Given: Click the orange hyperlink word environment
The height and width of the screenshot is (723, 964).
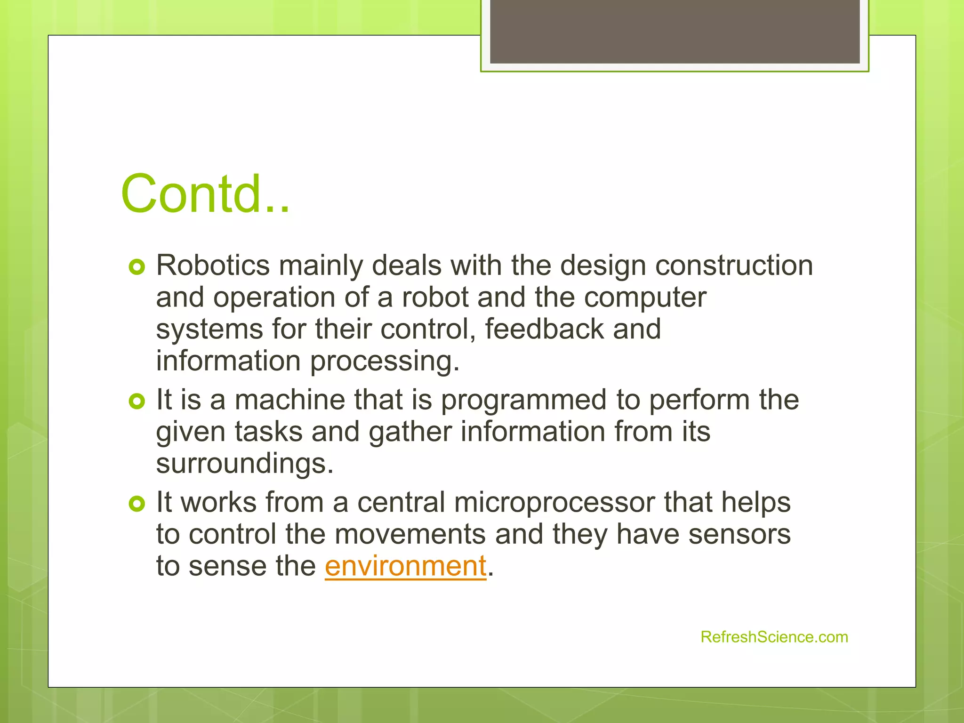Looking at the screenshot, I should [x=405, y=566].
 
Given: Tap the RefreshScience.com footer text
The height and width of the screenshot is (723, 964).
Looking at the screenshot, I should [x=774, y=637].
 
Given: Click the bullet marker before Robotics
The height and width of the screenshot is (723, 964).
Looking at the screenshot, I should [x=137, y=268].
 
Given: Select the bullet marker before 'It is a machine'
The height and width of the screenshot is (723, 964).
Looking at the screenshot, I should [x=137, y=402].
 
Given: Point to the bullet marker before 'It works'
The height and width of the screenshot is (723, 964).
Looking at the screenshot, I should [x=137, y=504].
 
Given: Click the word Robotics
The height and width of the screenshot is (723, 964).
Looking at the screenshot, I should [x=213, y=265].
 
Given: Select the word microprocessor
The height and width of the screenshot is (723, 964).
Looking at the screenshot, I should [x=554, y=503].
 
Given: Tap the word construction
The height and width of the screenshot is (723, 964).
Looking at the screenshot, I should [x=734, y=265].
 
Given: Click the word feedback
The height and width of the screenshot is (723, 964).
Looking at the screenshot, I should [x=544, y=329].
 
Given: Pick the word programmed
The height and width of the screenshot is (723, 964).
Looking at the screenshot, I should [x=523, y=401].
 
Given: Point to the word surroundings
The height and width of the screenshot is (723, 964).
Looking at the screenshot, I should [x=244, y=464].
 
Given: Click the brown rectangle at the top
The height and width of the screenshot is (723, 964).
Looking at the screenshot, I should [x=675, y=31].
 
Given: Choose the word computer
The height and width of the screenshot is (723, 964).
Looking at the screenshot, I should [x=645, y=298].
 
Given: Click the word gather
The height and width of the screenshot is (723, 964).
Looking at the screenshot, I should [x=410, y=432].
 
